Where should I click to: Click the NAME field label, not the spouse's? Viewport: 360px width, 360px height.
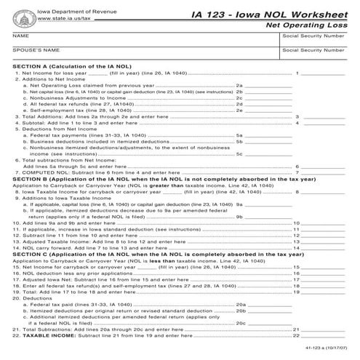(x=20, y=35)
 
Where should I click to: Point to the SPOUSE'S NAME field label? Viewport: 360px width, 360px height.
(x=36, y=50)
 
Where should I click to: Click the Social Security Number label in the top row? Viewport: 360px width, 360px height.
(x=313, y=35)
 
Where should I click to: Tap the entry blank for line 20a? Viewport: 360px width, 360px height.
(x=266, y=303)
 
